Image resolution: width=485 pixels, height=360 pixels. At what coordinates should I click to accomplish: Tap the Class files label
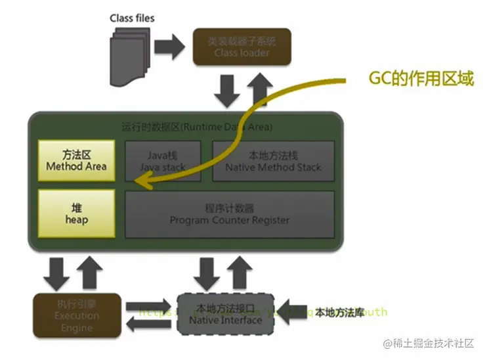click(133, 17)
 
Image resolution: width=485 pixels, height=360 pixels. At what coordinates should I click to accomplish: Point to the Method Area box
click(77, 160)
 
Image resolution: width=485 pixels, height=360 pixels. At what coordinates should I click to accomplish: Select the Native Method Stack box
click(272, 160)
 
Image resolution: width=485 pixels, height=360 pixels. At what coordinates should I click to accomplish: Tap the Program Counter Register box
click(229, 214)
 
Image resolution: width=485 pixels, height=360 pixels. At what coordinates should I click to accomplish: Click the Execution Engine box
click(77, 314)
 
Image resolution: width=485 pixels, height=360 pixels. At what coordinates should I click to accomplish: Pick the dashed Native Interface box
click(225, 313)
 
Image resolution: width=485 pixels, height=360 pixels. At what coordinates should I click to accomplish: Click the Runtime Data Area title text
click(197, 125)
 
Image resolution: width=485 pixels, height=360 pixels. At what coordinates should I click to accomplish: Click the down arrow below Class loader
click(228, 91)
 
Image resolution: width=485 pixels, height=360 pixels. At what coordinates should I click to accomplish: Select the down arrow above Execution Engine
click(59, 272)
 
